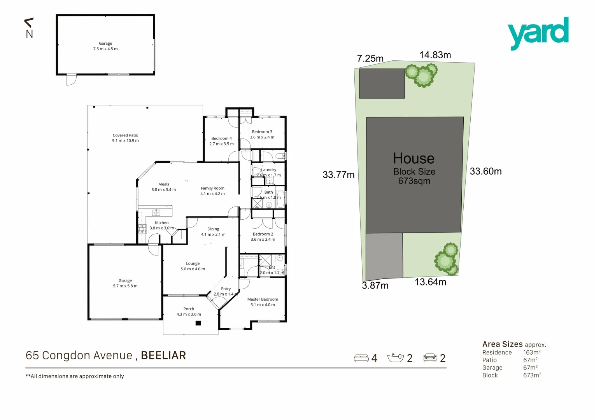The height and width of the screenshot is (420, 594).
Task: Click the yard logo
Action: [x=538, y=33]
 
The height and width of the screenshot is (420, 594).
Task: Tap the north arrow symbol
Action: [x=29, y=28]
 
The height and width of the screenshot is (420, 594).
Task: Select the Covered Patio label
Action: [x=125, y=138]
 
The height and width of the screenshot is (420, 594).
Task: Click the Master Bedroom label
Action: [x=263, y=302]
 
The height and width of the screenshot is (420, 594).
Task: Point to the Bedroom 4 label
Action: [x=221, y=141]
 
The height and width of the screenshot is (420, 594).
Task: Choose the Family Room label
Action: [x=212, y=191]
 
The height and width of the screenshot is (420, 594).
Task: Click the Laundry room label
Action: [x=269, y=172]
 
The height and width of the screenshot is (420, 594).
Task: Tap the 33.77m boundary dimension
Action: [x=338, y=175]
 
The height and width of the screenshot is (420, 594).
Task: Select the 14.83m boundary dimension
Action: [x=435, y=55]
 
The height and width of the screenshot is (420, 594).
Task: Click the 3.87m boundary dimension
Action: [x=375, y=286]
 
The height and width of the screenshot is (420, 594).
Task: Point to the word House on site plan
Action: [x=414, y=159]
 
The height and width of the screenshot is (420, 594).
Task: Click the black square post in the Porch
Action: [x=198, y=323]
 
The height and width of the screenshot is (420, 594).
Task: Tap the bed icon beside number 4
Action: [x=361, y=358]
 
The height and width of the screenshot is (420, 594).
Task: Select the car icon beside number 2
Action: [x=430, y=358]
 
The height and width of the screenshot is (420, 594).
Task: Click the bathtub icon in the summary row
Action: [x=396, y=358]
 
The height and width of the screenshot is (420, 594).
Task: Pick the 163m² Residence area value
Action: [x=532, y=352]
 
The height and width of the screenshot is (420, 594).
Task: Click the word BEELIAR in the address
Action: [x=163, y=355]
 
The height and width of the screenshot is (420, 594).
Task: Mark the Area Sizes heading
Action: [x=502, y=344]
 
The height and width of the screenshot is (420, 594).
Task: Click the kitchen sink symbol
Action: [x=156, y=212]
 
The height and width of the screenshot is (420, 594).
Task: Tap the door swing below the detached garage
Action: [x=71, y=80]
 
